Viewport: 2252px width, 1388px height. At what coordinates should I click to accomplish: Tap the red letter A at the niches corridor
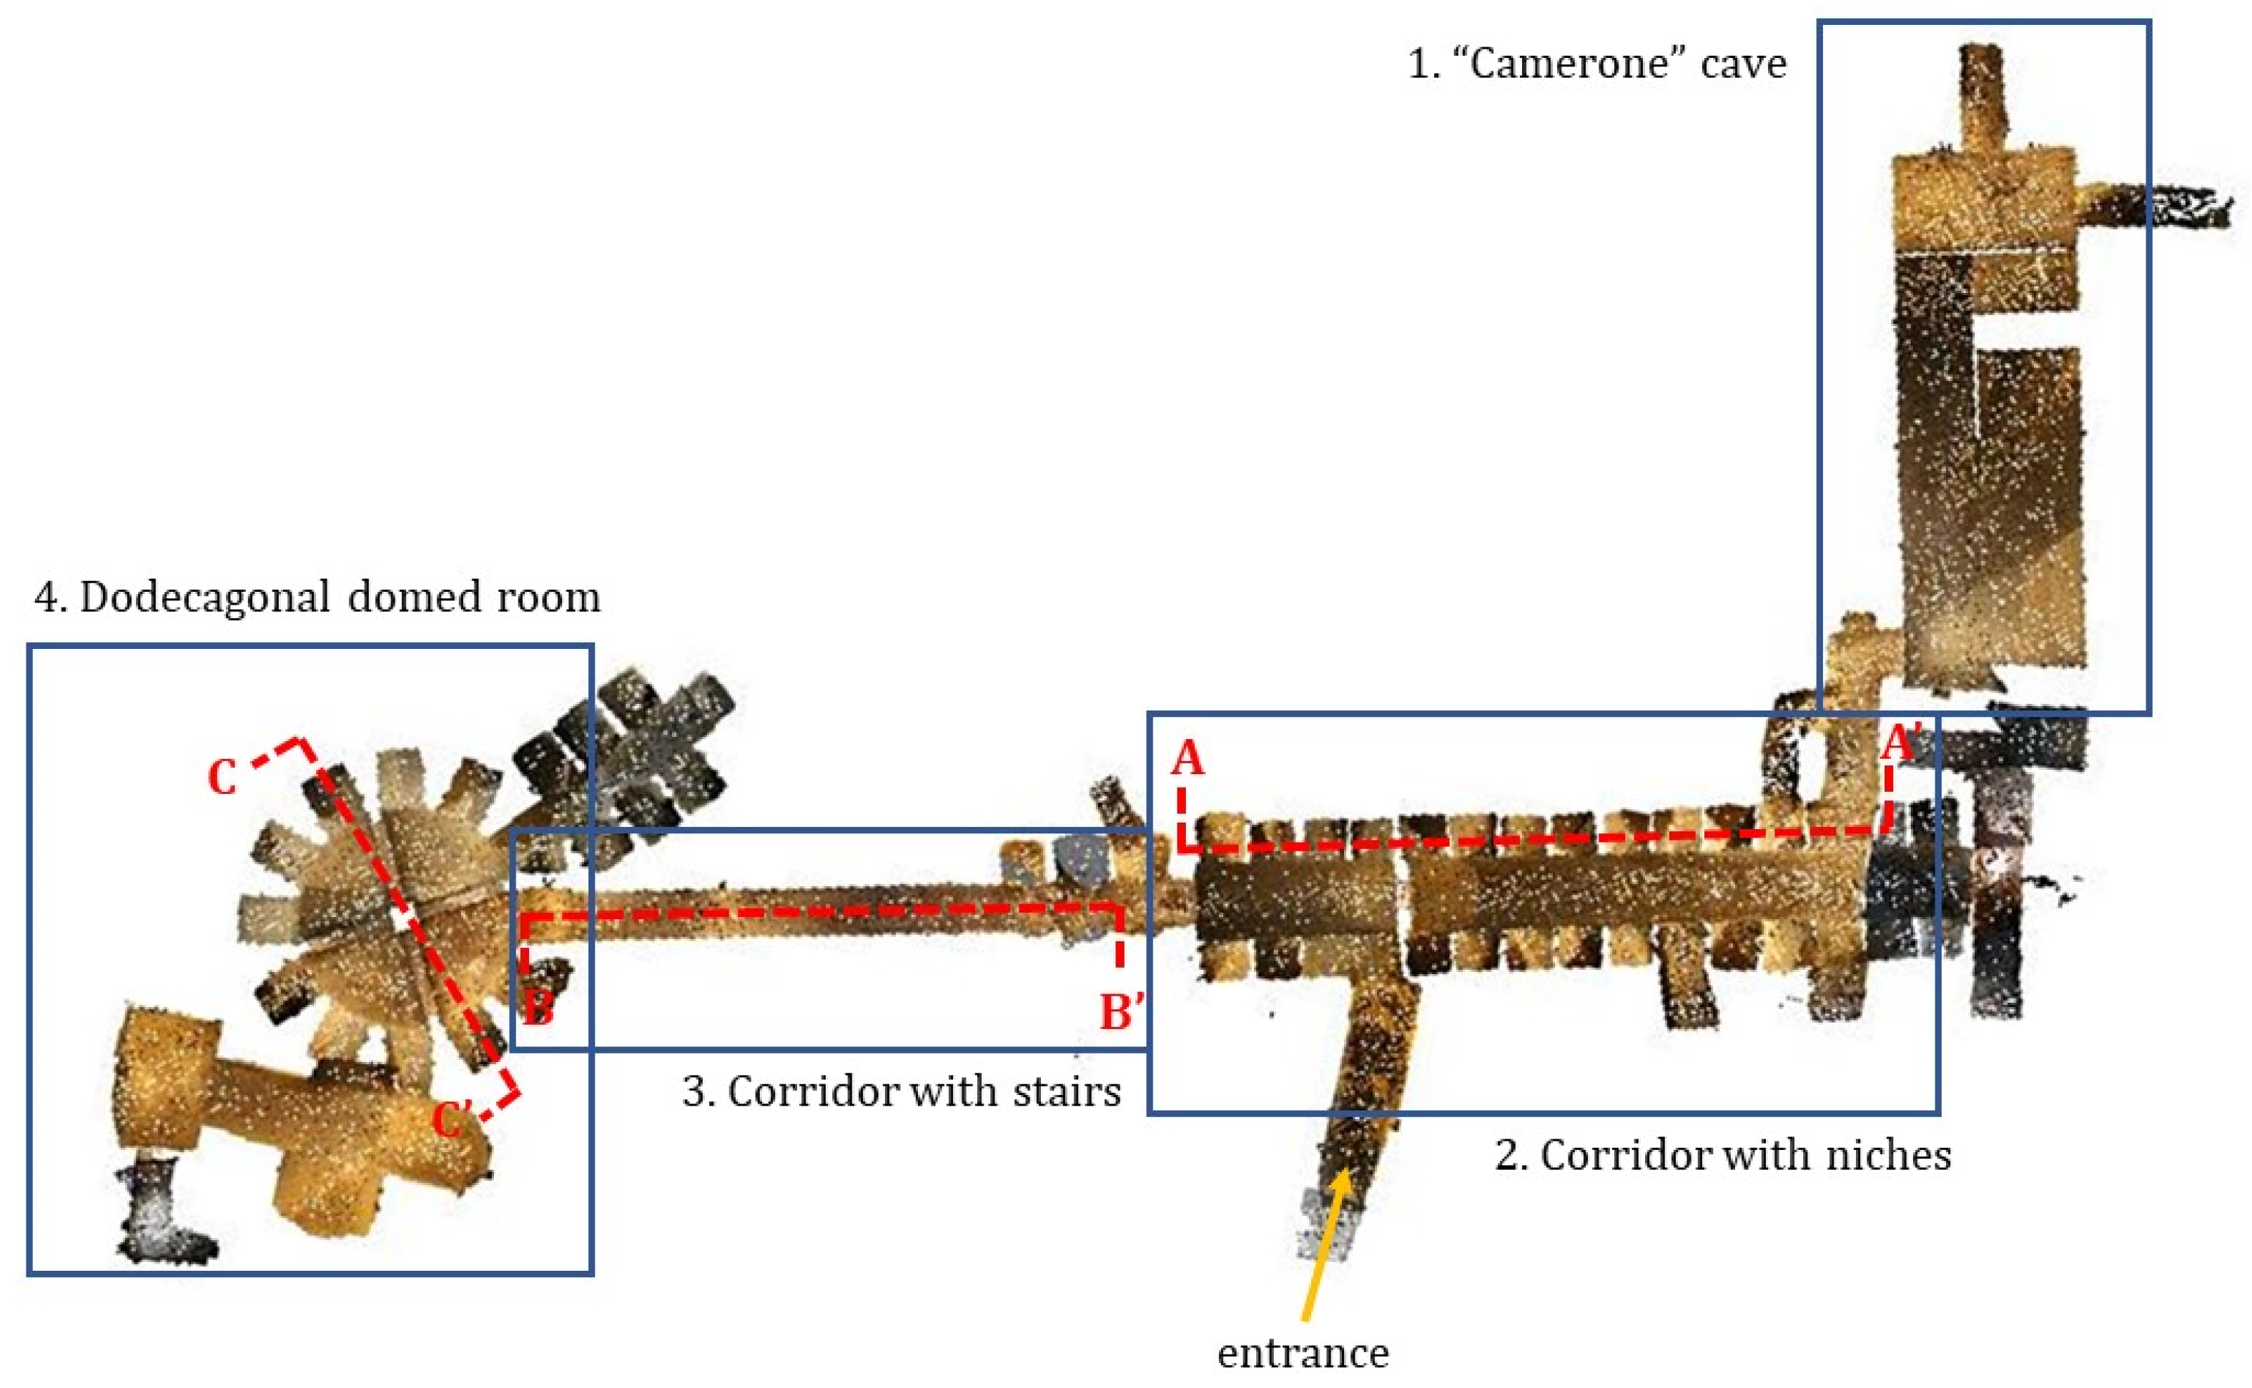click(x=1187, y=759)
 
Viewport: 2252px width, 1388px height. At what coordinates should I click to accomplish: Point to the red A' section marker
click(x=1901, y=743)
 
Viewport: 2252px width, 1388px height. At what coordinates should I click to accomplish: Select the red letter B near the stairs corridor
click(x=538, y=1009)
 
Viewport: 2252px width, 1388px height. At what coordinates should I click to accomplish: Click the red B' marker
click(x=1121, y=1013)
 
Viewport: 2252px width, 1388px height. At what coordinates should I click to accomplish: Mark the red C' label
click(x=452, y=1120)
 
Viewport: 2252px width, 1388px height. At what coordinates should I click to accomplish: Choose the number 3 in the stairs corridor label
click(x=697, y=1092)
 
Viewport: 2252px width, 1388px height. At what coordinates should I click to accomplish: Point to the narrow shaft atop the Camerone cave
click(x=1980, y=96)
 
